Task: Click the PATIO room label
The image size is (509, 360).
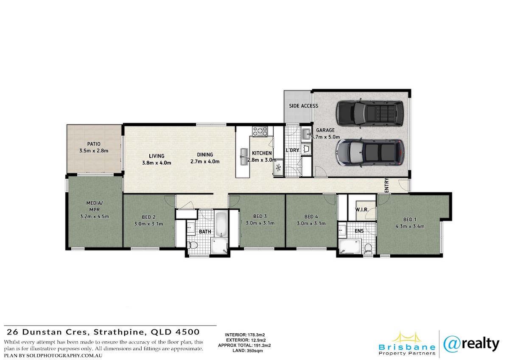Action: (x=94, y=144)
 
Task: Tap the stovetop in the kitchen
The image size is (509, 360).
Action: (x=260, y=132)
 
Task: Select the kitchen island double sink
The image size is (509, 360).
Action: (x=244, y=157)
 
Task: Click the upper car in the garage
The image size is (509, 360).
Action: (x=370, y=113)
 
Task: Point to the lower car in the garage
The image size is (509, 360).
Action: (x=370, y=152)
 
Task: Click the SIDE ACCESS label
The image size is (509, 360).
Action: (x=303, y=106)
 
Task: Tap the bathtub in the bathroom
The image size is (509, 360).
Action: (x=221, y=224)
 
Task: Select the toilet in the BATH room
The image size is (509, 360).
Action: (x=193, y=245)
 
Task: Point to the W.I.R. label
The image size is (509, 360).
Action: (x=362, y=210)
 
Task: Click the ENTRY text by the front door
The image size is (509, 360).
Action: (x=387, y=185)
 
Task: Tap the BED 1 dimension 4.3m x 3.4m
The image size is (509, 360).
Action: (x=410, y=226)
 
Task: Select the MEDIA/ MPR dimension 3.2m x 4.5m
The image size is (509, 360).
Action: (x=94, y=217)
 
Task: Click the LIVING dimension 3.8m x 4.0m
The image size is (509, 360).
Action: (x=157, y=163)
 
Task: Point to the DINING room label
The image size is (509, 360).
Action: (x=205, y=155)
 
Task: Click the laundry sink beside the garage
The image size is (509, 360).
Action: (x=306, y=133)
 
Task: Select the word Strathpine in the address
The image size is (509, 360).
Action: (x=120, y=332)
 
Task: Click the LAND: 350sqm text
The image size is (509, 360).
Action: (x=247, y=351)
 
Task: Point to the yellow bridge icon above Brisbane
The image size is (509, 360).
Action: (x=407, y=338)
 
